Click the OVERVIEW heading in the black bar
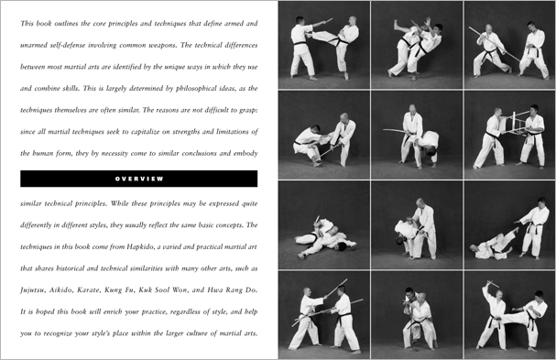(138, 178)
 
